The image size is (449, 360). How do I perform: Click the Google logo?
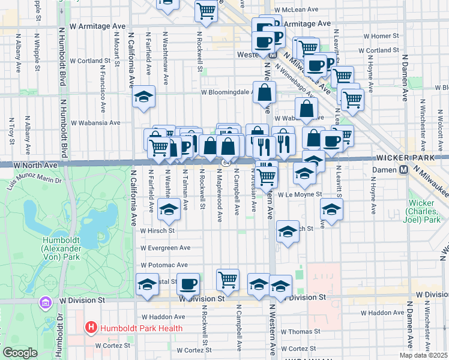pos(19,353)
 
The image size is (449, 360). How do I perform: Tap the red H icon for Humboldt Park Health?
pos(91,328)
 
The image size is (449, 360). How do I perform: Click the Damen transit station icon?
pos(404,170)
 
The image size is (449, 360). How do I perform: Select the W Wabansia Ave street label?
pos(95,123)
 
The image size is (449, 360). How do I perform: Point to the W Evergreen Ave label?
pos(165,248)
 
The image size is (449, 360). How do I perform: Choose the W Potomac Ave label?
pos(164,265)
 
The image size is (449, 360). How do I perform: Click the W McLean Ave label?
pos(296,10)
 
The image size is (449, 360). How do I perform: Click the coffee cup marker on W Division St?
pos(188,285)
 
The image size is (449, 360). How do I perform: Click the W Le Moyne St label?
pos(300,194)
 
